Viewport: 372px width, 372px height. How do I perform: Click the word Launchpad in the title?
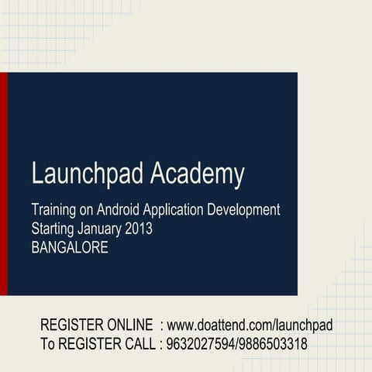pos(87,174)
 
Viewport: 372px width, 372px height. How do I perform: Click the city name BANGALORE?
pos(71,249)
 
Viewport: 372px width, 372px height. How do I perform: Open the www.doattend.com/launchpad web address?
pos(250,325)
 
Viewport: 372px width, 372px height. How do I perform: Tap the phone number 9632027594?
pos(199,344)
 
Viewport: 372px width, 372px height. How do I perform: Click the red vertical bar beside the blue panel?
pos(4,184)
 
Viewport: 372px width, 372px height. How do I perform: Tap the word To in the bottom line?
pos(48,344)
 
